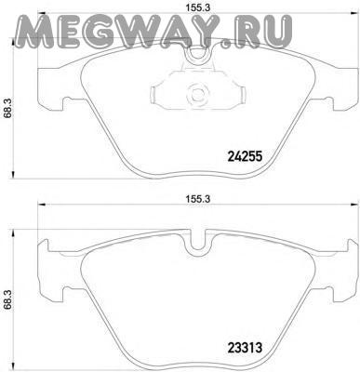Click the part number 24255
[245, 156]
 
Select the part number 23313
[245, 347]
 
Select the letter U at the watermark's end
[276, 31]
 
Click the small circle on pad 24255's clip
[196, 94]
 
